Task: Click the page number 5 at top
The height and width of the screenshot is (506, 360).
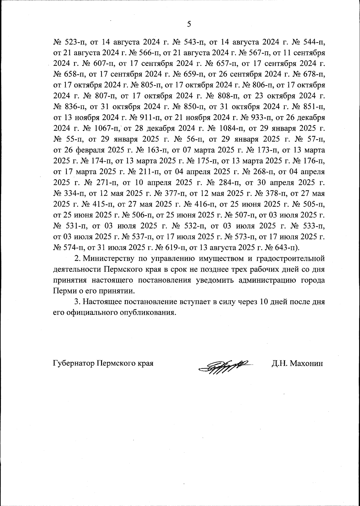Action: (x=189, y=24)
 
